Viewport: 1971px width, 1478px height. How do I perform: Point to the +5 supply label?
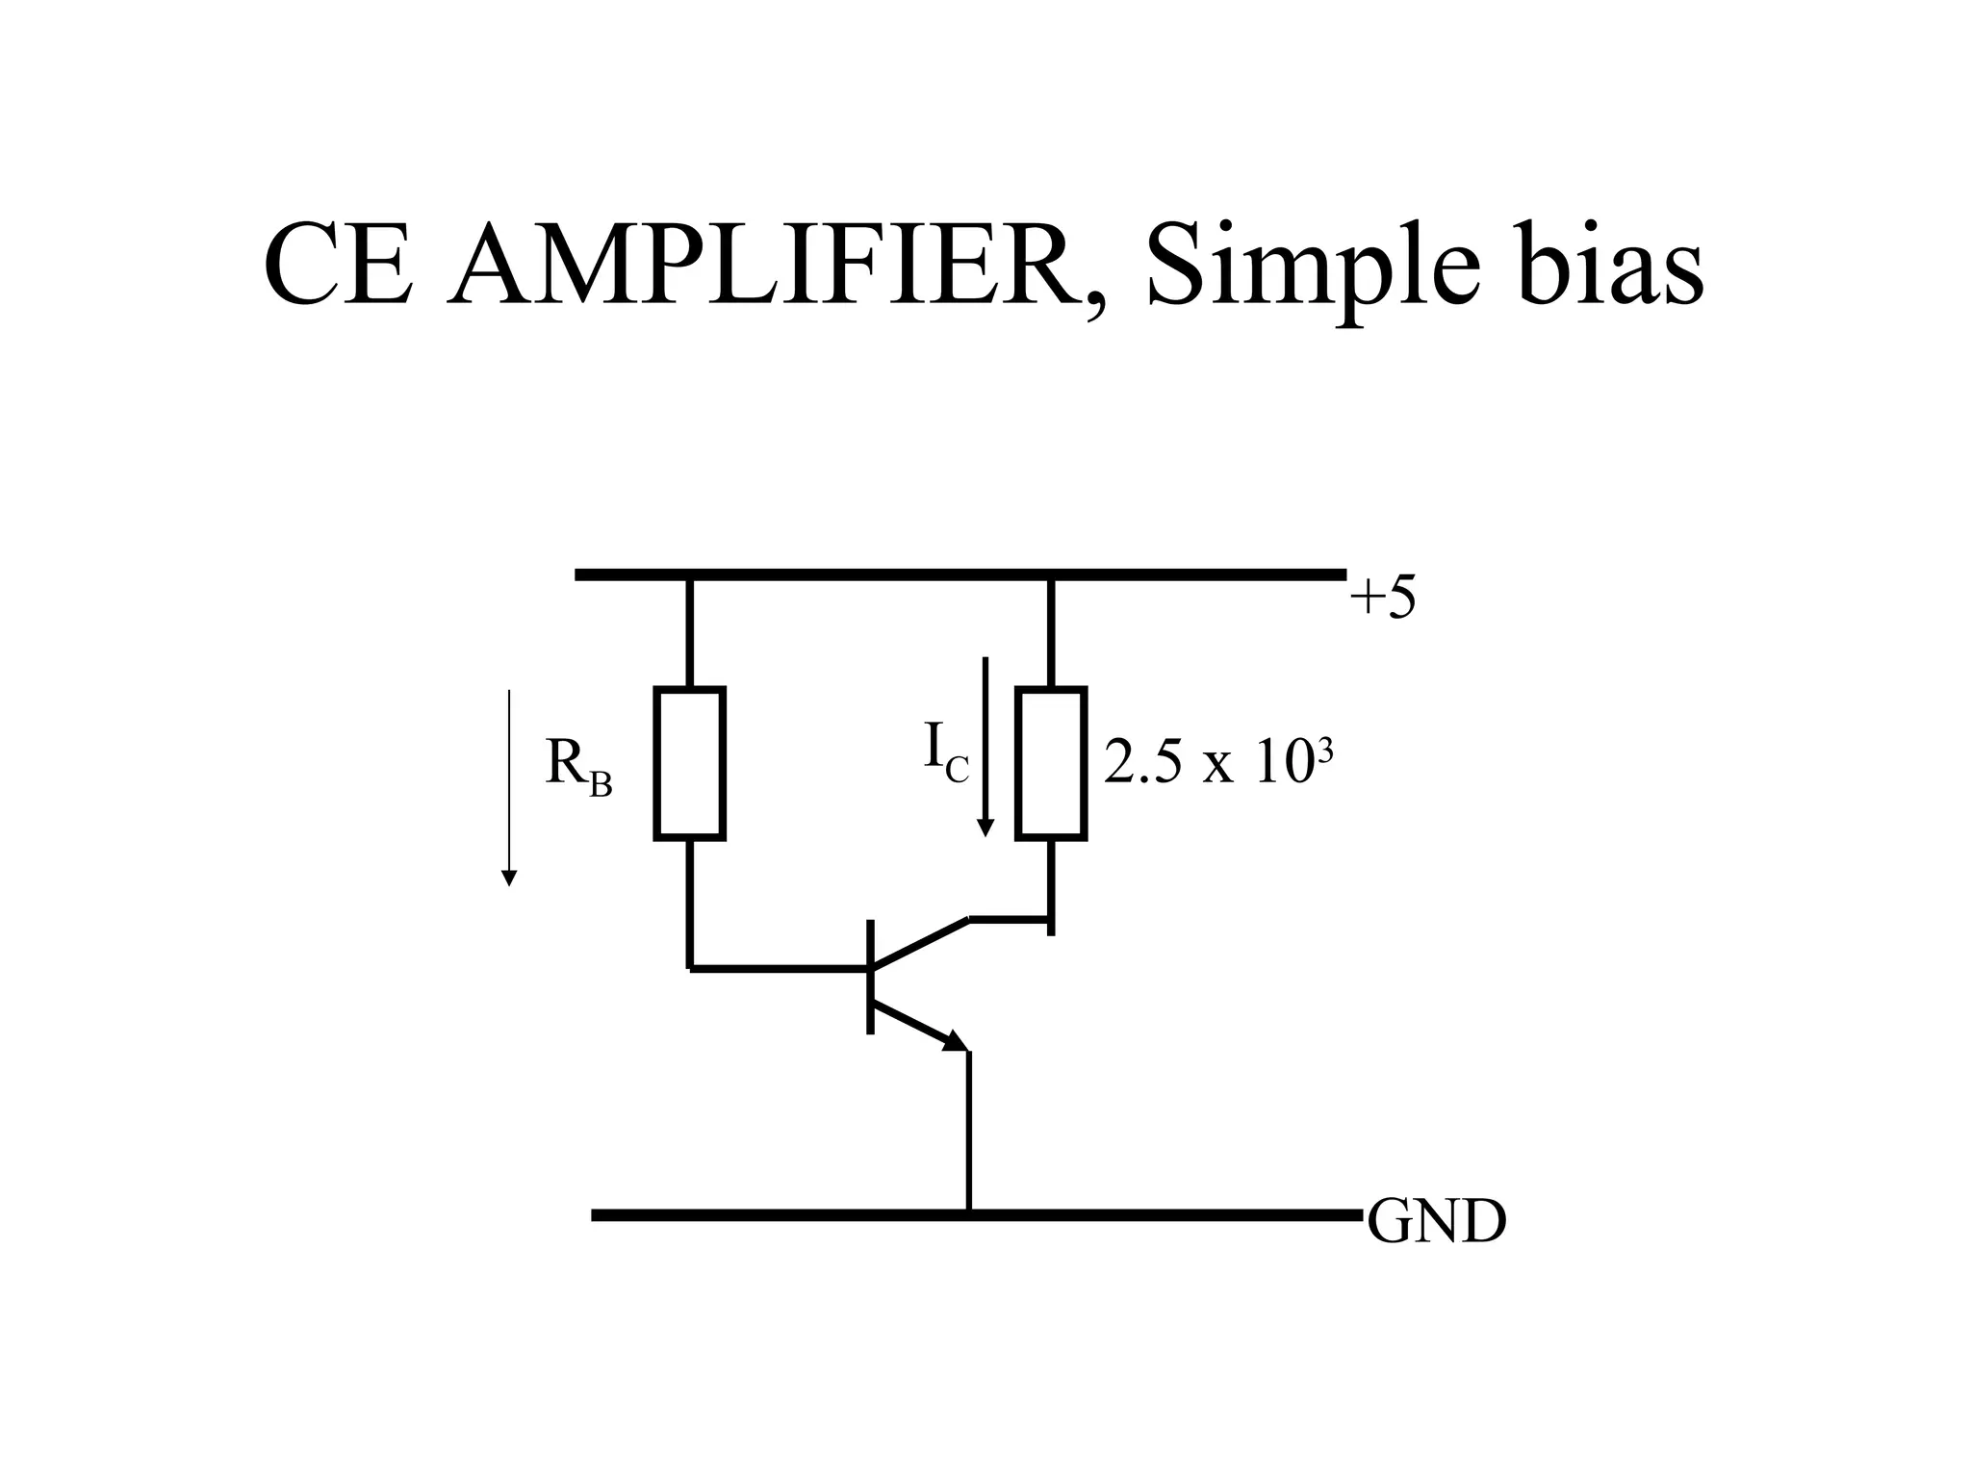coord(1382,599)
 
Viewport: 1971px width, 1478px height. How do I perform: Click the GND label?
coord(1436,1223)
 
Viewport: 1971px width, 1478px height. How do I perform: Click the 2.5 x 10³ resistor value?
coord(1217,764)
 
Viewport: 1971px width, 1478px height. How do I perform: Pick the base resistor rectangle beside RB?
coord(689,764)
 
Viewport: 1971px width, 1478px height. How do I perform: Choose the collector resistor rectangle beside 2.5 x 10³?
coord(1051,764)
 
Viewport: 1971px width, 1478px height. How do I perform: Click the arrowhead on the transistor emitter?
coord(956,1041)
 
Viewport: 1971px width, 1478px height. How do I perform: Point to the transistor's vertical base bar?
coord(871,977)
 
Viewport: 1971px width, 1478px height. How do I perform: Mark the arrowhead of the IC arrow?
coord(985,828)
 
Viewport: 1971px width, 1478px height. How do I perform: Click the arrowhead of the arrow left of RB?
coord(509,878)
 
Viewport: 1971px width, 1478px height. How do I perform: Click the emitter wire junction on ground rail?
coord(969,1214)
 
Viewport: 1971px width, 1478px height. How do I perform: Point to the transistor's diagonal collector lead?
coord(919,943)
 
